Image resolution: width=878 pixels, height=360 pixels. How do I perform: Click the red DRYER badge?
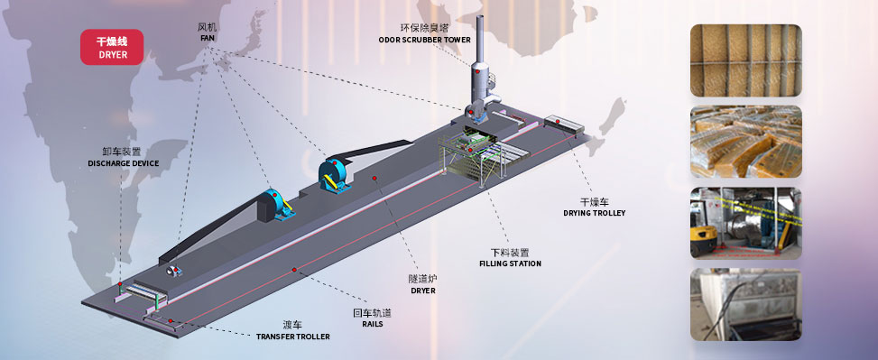click(113, 48)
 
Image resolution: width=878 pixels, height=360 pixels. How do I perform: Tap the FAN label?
click(208, 38)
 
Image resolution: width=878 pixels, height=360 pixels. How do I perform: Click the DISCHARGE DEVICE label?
click(123, 163)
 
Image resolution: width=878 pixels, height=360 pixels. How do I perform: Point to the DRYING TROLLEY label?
click(594, 213)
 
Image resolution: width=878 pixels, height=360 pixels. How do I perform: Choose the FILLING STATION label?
click(510, 263)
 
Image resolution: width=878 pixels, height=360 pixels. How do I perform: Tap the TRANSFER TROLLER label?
click(292, 337)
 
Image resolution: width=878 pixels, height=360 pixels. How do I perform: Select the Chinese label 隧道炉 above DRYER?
click(422, 279)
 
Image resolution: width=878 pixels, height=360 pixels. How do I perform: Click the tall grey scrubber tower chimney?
click(478, 59)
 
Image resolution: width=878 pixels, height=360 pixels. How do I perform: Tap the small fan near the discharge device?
click(172, 270)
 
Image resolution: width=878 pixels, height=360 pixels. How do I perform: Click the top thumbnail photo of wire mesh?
click(745, 60)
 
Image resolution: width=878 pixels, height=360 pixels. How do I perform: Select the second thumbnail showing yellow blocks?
click(745, 141)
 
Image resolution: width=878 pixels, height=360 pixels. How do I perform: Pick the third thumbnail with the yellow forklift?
click(745, 222)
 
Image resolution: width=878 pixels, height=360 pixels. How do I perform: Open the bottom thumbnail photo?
click(745, 303)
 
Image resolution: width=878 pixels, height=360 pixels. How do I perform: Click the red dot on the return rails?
click(293, 270)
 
